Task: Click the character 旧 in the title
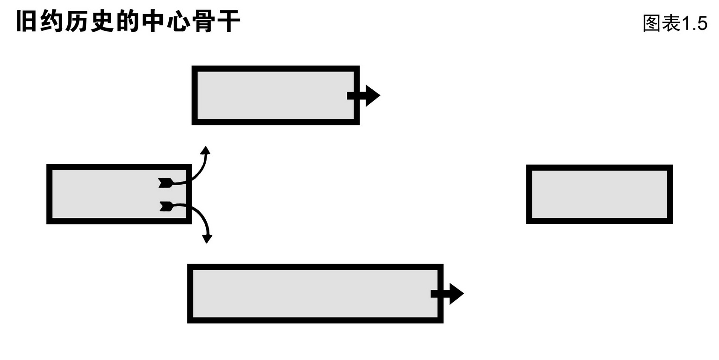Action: click(x=27, y=22)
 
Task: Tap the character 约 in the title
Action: click(x=51, y=22)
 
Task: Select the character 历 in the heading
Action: click(x=77, y=22)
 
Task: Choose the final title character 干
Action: click(x=229, y=22)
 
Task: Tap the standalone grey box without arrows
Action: click(x=599, y=194)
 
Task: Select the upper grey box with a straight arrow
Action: click(x=271, y=95)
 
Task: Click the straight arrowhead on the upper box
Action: click(x=372, y=95)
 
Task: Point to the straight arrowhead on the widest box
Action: click(x=456, y=294)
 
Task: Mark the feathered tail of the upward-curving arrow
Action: click(x=165, y=183)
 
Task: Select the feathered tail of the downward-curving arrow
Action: click(x=166, y=206)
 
